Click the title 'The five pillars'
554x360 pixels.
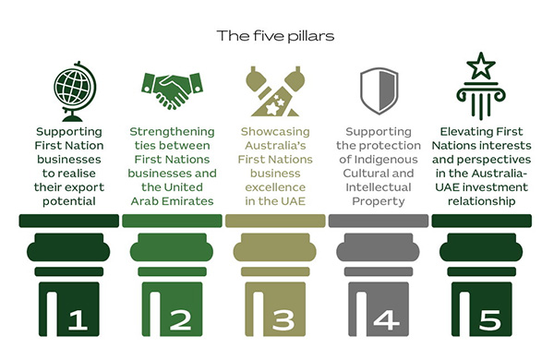[276, 37]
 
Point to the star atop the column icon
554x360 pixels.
[481, 66]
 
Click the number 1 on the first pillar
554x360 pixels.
[78, 319]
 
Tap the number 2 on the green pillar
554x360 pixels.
[181, 319]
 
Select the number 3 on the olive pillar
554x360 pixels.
[284, 319]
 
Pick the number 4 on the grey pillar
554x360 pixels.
[388, 319]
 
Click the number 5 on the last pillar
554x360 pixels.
[490, 319]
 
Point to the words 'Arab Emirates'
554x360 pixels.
[173, 201]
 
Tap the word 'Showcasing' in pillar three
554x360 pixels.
[275, 132]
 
